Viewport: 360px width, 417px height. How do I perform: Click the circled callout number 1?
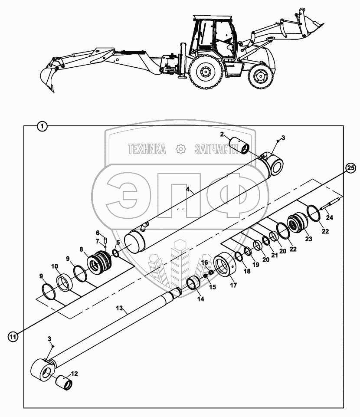[42, 126]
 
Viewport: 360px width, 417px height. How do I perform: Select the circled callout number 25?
[350, 167]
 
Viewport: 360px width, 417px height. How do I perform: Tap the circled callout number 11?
[13, 336]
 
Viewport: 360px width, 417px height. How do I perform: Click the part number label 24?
[329, 218]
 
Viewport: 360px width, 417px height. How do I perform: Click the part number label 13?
[120, 308]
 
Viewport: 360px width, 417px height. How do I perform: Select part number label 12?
[74, 373]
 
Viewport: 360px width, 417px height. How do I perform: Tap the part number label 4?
[187, 189]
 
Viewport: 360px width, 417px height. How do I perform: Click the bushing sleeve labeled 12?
[64, 381]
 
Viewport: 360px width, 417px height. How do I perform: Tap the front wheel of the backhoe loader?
[261, 78]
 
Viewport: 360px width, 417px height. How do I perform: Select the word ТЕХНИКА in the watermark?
[146, 149]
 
